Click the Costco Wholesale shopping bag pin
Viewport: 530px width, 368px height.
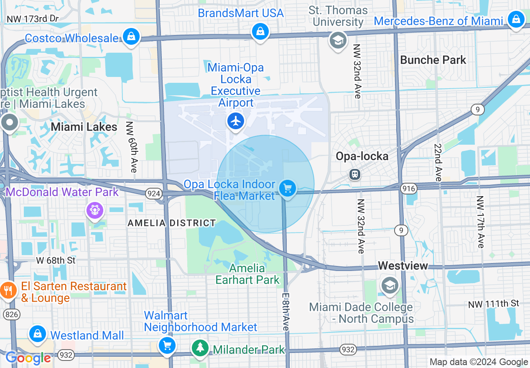pos(131,37)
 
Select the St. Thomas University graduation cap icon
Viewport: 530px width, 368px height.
pos(338,41)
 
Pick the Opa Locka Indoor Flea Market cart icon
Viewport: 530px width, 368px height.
pos(287,189)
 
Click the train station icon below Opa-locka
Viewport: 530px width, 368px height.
pos(355,174)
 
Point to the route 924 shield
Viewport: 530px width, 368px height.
pos(153,193)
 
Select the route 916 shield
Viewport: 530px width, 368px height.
pos(408,189)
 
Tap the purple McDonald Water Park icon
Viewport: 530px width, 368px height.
pos(95,210)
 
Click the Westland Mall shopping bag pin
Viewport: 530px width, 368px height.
pos(38,334)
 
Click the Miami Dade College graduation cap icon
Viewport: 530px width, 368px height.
pos(390,286)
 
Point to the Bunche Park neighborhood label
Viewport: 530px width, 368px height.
pos(433,60)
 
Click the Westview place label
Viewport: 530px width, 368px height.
pos(403,266)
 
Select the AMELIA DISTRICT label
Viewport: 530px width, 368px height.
pos(171,223)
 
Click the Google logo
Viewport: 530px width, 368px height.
pos(28,358)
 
